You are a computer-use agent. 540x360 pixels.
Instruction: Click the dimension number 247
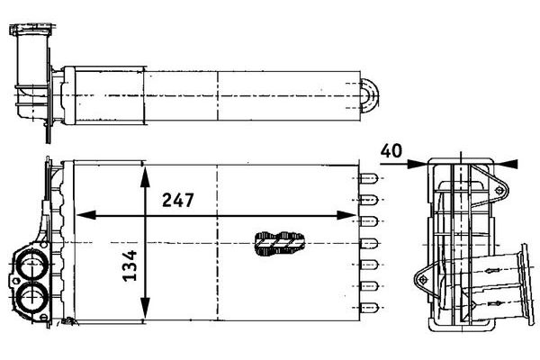click(177, 200)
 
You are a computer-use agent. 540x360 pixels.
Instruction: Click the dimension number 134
click(130, 265)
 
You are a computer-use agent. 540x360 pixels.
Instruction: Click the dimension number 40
click(391, 151)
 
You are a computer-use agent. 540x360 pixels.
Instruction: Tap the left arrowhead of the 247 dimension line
click(85, 215)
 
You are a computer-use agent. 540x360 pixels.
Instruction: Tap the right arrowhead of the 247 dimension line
click(346, 215)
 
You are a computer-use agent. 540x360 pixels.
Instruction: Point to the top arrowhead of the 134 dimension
click(145, 176)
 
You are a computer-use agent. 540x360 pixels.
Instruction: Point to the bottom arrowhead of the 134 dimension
click(145, 309)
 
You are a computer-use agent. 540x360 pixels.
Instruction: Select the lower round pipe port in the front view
click(31, 297)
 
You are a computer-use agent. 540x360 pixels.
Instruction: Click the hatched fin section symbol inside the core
click(279, 244)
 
